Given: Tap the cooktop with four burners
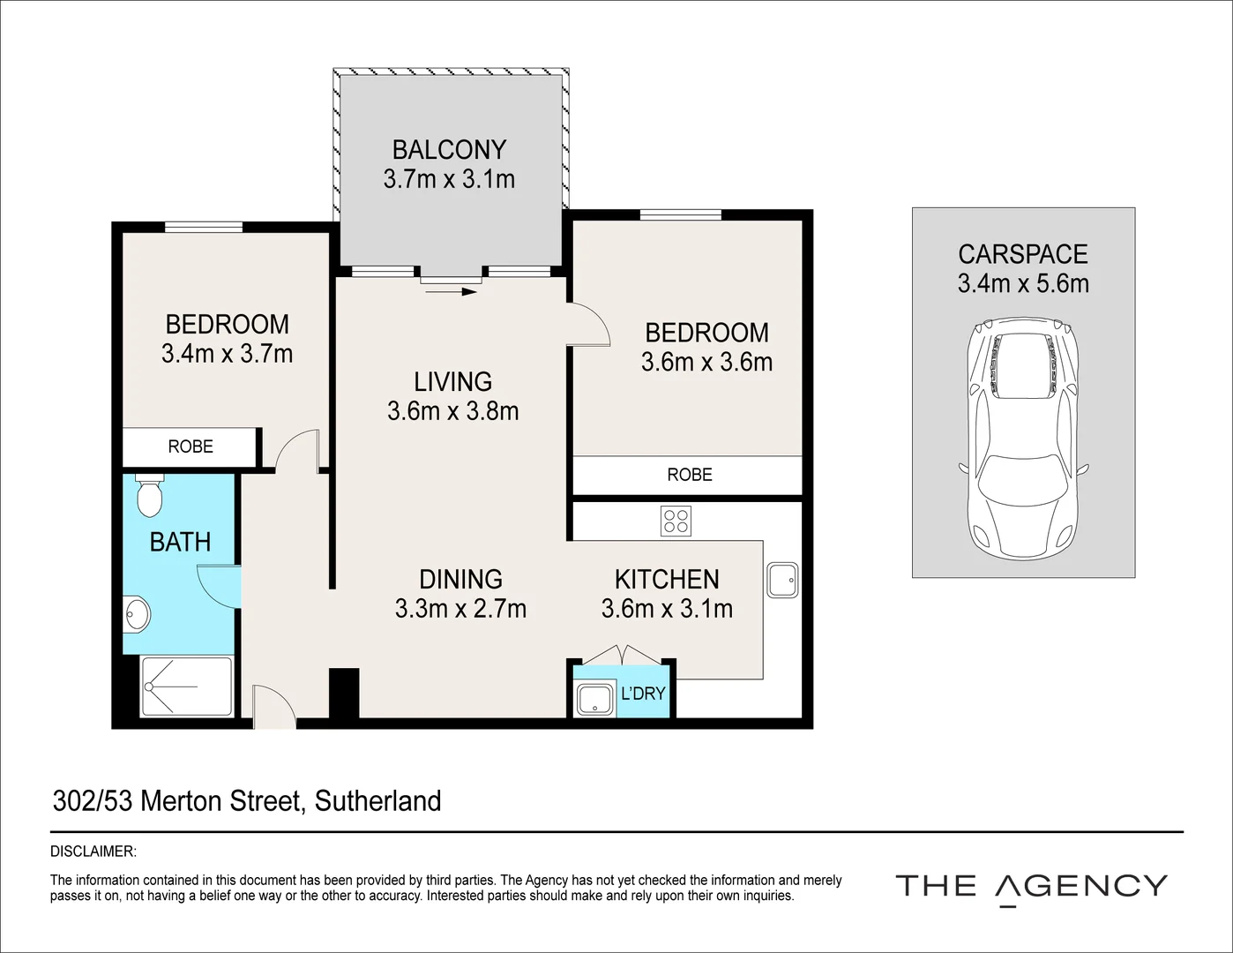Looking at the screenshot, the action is [x=676, y=521].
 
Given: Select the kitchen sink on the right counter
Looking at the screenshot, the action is [x=782, y=580].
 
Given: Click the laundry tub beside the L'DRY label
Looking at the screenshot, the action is [x=594, y=699].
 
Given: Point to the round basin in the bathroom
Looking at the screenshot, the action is [x=136, y=614].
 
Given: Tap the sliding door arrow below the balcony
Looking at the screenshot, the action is [x=451, y=292].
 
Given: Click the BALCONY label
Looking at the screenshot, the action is [x=450, y=150].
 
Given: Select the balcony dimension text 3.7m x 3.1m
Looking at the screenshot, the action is [x=450, y=179].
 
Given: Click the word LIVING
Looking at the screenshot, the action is [x=452, y=381].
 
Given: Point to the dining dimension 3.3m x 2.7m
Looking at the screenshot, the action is [x=460, y=609].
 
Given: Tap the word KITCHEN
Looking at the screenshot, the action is [x=668, y=580].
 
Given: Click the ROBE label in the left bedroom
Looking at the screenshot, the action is [x=191, y=446].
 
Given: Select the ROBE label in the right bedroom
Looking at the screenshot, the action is [x=690, y=475].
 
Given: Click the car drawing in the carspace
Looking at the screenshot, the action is [x=1023, y=440].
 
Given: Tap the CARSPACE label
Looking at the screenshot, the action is [x=1023, y=254].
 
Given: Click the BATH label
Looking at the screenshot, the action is [x=180, y=542].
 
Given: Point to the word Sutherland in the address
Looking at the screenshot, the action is [x=377, y=801].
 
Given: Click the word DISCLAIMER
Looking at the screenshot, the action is [x=93, y=852].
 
